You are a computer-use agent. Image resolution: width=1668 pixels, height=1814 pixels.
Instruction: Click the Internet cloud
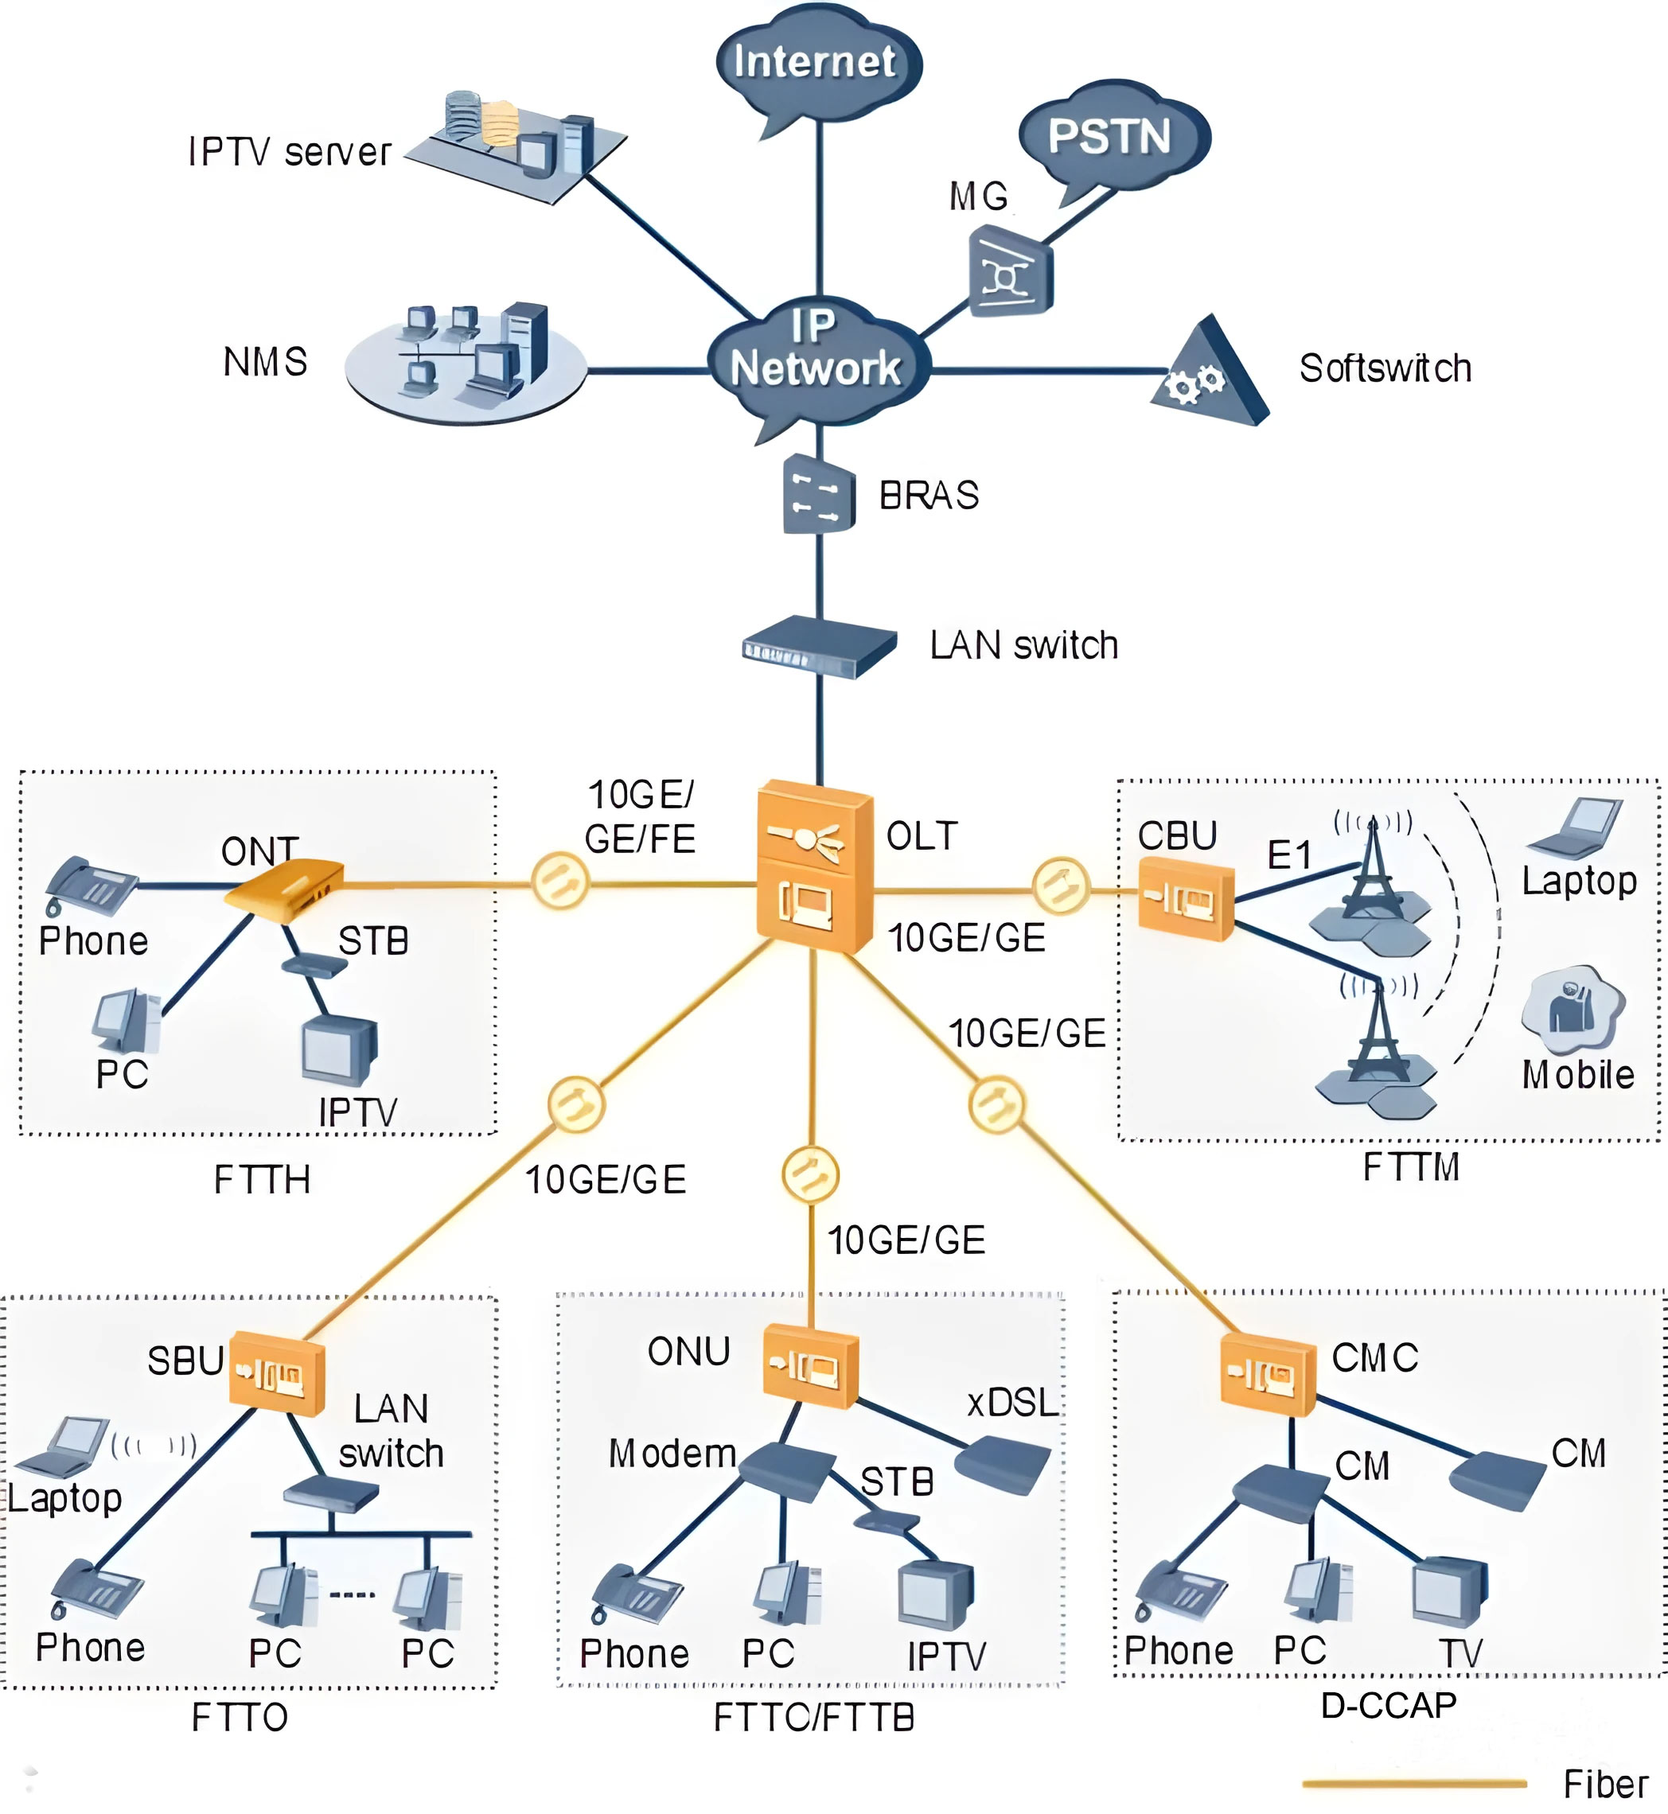point(816,63)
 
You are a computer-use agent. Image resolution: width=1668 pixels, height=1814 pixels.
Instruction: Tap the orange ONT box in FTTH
point(285,889)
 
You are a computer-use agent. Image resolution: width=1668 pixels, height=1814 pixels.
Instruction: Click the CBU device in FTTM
point(1185,897)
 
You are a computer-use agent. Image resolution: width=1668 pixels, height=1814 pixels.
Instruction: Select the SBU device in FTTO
point(276,1372)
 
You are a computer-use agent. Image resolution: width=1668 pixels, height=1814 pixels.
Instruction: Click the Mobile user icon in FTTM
point(1573,1009)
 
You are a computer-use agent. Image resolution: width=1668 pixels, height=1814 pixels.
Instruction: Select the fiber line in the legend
point(1413,1783)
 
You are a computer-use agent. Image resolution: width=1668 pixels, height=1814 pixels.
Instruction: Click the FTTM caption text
point(1411,1167)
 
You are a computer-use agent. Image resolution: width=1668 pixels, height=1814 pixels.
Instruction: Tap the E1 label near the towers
point(1289,854)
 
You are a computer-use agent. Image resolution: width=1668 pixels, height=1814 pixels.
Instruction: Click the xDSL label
point(1011,1403)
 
